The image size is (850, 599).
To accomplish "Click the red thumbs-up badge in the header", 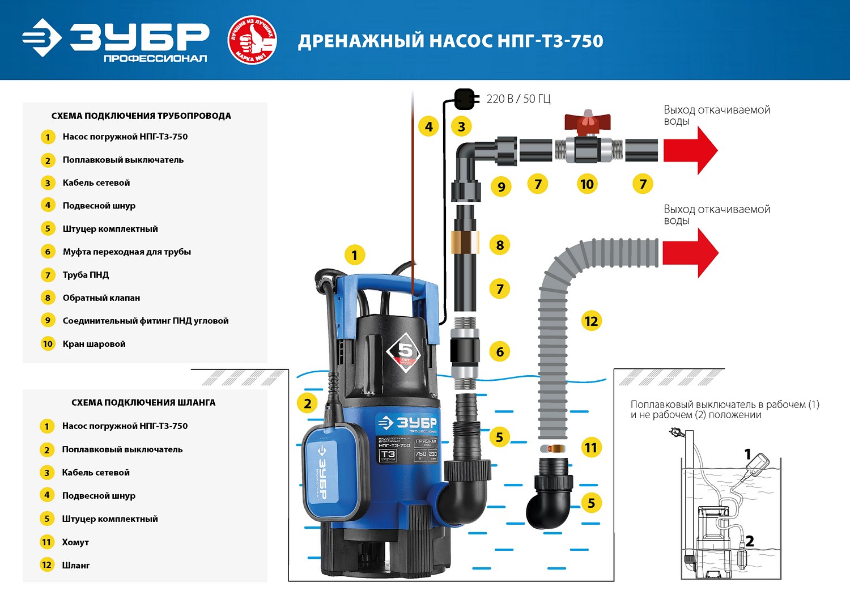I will point(252,40).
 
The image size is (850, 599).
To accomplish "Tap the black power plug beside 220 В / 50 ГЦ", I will point(464,99).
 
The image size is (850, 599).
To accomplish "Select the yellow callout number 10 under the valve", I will point(586,184).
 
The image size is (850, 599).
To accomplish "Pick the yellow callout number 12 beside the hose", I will point(590,321).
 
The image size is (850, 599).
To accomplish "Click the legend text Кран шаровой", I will point(94,344).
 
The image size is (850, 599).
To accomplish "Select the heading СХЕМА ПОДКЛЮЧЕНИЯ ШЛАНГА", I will point(143,402).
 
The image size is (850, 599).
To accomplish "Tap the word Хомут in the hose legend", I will point(75,542).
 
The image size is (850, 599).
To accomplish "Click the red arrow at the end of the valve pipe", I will point(690,150).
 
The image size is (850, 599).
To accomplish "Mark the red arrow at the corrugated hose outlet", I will point(690,253).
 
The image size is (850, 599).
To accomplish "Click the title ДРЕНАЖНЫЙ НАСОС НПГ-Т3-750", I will point(450,41).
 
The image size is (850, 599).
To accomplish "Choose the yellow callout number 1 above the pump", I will point(354,255).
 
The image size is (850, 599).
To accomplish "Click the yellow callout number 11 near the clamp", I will point(590,448).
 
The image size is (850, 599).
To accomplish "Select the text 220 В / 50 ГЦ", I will point(518,99).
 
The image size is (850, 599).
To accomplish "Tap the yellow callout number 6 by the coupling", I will point(499,352).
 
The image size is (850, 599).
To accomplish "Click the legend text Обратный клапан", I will point(101,298).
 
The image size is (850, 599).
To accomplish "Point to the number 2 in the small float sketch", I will point(749,541).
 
